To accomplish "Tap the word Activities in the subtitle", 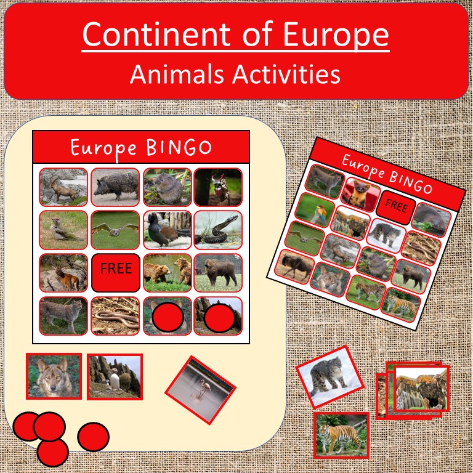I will (x=288, y=75).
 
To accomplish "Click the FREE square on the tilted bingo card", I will (x=395, y=205).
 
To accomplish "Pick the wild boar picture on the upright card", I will (x=115, y=187).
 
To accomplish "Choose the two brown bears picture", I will (x=167, y=272).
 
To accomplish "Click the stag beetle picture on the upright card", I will (x=218, y=187).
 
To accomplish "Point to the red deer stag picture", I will (x=63, y=272).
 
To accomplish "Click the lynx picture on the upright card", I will (x=63, y=315).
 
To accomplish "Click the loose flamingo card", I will (x=200, y=390).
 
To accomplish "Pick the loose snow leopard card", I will (x=323, y=376).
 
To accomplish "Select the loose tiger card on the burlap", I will (x=341, y=435).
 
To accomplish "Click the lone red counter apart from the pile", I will (x=93, y=437).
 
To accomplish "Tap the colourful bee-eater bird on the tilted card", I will (x=314, y=209).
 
